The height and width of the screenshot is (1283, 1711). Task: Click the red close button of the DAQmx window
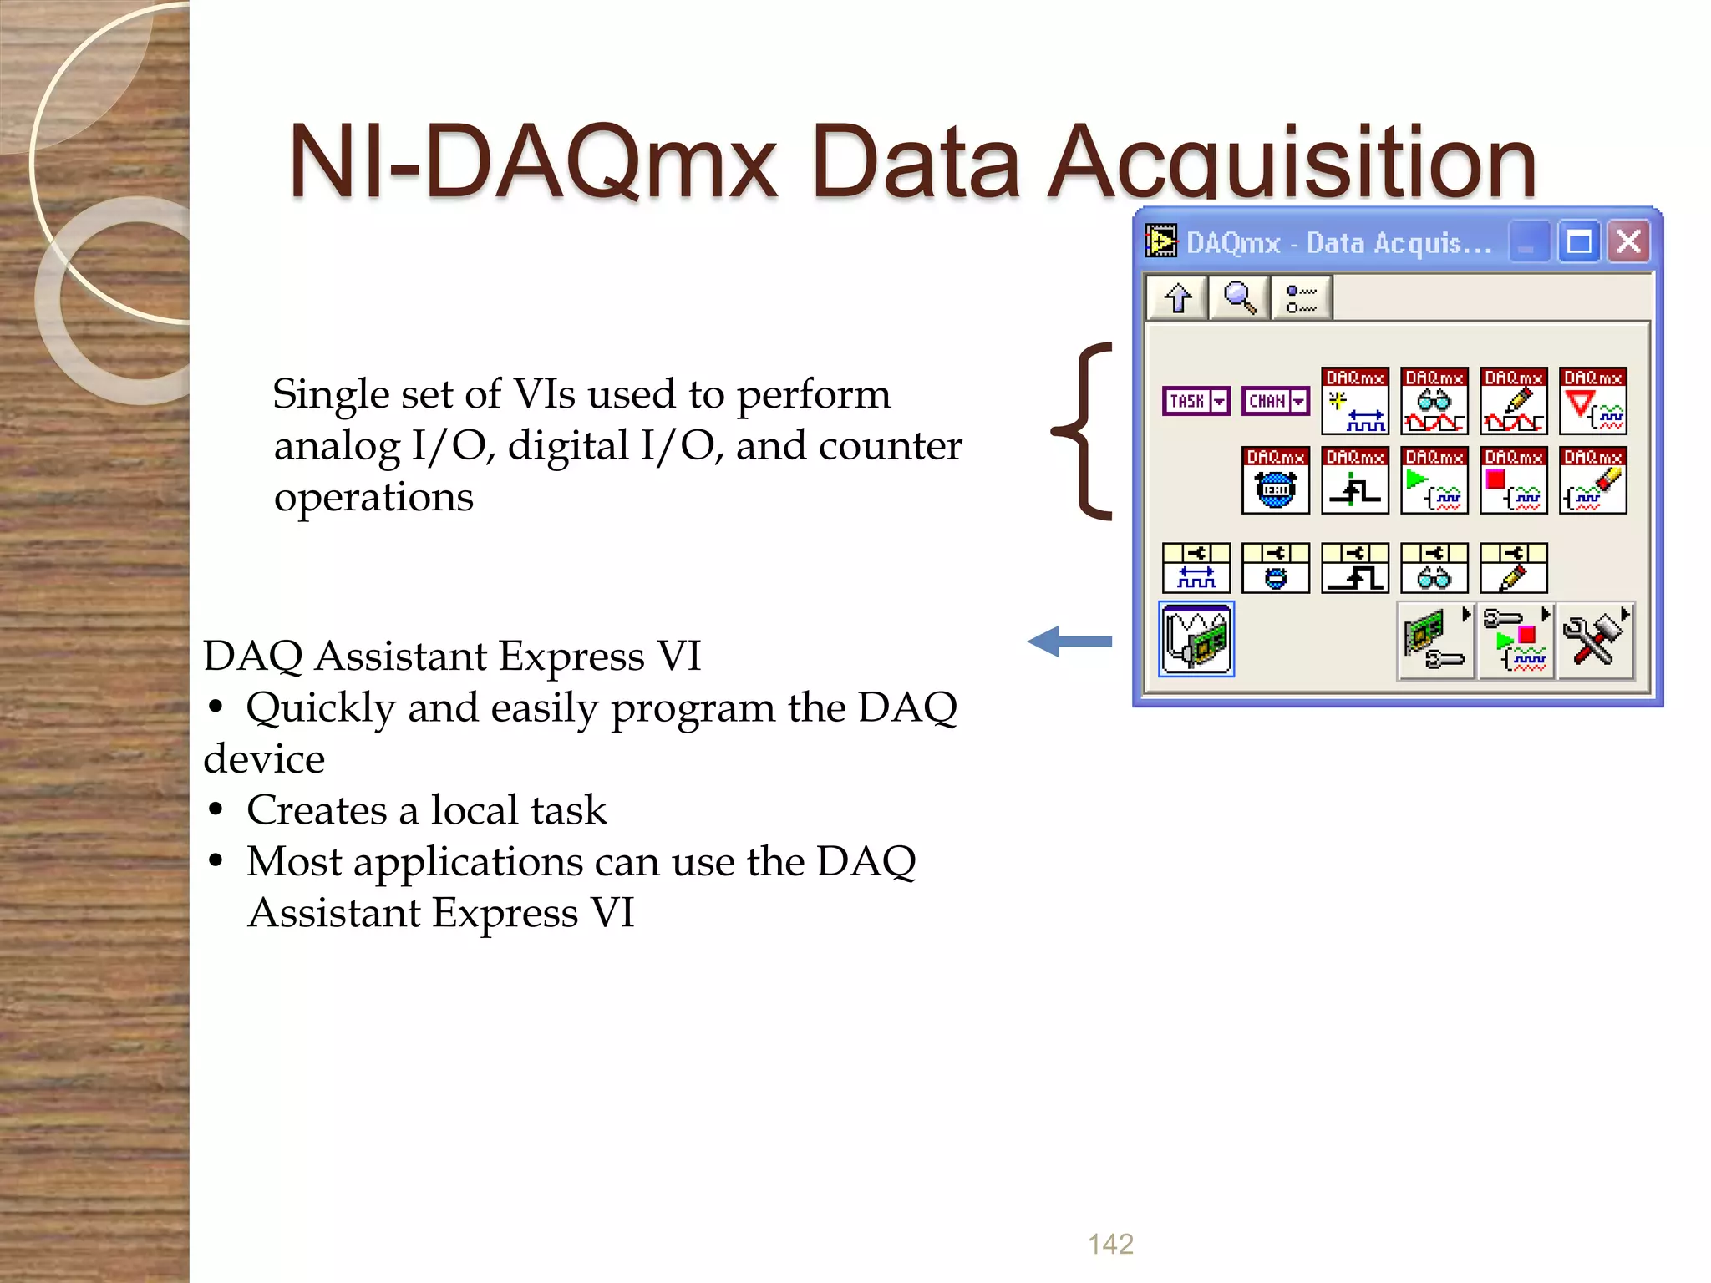(1628, 242)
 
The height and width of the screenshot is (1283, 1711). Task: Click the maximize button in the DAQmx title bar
(1578, 242)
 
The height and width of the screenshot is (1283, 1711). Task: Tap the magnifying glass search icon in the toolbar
(1239, 297)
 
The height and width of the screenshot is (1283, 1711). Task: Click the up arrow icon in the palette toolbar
(1178, 297)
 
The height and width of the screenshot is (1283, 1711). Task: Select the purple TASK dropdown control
(1196, 401)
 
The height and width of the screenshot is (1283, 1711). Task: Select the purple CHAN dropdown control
(1275, 401)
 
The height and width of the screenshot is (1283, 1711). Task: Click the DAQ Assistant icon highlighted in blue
(1196, 639)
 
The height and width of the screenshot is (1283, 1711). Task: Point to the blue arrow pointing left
(1069, 641)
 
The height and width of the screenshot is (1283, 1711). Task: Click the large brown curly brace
(1084, 431)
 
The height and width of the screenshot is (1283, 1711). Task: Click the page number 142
(1110, 1244)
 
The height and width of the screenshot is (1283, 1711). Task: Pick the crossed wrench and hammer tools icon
(1595, 641)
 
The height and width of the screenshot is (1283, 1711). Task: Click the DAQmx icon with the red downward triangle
(1593, 401)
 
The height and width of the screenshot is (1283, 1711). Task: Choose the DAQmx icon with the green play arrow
(1434, 480)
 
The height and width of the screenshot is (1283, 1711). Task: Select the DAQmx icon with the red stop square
(1514, 480)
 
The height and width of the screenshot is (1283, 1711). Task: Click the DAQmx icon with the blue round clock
(1275, 480)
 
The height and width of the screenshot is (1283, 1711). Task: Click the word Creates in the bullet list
(317, 809)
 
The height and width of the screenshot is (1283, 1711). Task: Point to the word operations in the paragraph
(373, 497)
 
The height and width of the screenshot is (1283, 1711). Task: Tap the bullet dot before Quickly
(216, 707)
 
